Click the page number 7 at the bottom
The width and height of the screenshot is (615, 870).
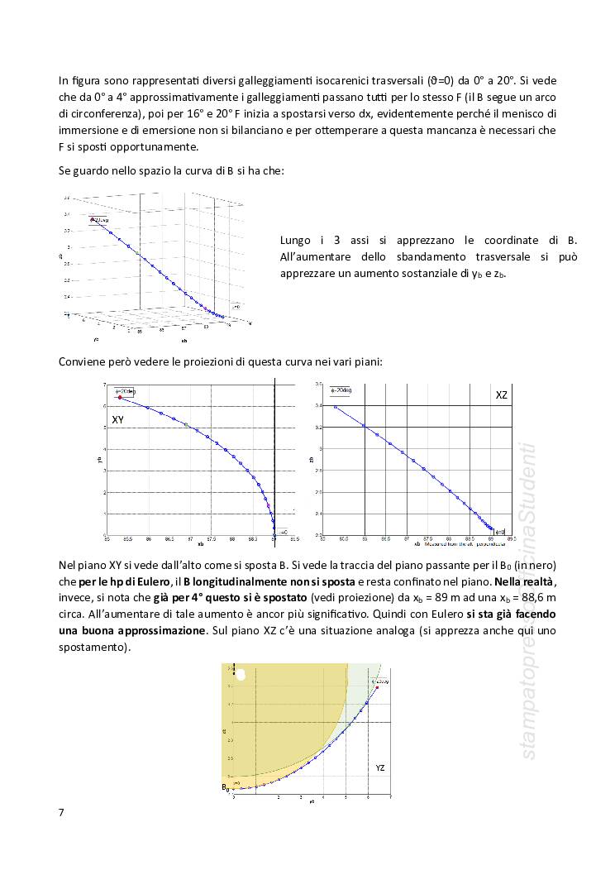pyautogui.click(x=61, y=811)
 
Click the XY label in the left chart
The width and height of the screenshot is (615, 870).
pyautogui.click(x=118, y=420)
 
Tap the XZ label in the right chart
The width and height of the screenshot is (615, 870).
pyautogui.click(x=501, y=396)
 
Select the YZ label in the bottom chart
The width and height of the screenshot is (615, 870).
pyautogui.click(x=380, y=768)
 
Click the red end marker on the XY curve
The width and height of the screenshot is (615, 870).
pyautogui.click(x=120, y=398)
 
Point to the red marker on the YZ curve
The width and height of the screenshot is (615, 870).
pyautogui.click(x=377, y=687)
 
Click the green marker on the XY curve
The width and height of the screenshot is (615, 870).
pyautogui.click(x=187, y=425)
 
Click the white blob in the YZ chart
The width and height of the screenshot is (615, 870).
pyautogui.click(x=241, y=674)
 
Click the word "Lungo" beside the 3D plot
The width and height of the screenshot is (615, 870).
pyautogui.click(x=297, y=240)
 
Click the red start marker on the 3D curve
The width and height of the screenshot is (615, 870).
pyautogui.click(x=93, y=221)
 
